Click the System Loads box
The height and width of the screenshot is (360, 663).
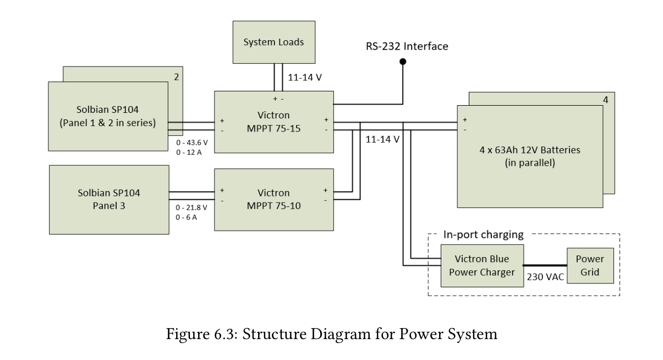coord(274,42)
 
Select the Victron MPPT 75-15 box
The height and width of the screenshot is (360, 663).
coord(273,122)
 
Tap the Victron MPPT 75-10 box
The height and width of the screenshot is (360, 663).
coord(273,199)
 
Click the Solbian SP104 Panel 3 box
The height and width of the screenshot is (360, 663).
coord(108,199)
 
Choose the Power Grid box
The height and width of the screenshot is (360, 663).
coord(590,266)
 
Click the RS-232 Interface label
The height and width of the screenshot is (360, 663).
coord(407,46)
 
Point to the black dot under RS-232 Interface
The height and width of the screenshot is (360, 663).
coord(403,62)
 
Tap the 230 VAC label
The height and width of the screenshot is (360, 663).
coord(545,277)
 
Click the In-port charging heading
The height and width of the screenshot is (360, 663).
coord(483,235)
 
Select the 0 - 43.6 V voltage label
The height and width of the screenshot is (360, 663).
coord(191,143)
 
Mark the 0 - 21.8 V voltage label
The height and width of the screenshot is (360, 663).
coord(191,208)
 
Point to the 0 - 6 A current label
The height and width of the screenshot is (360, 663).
coord(187,217)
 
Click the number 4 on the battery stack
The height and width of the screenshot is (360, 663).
coord(605,101)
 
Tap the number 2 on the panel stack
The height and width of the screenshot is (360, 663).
coord(176,77)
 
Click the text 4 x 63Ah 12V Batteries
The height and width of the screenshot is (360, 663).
coord(529,150)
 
